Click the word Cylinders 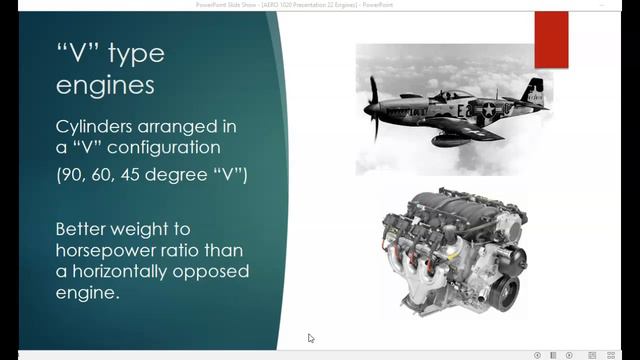click(96, 128)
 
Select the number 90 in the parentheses click(72, 177)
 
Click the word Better click(89, 228)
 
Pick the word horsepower click(113, 250)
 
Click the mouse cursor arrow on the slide click(311, 338)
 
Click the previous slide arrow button click(537, 354)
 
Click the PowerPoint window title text click(319, 5)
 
